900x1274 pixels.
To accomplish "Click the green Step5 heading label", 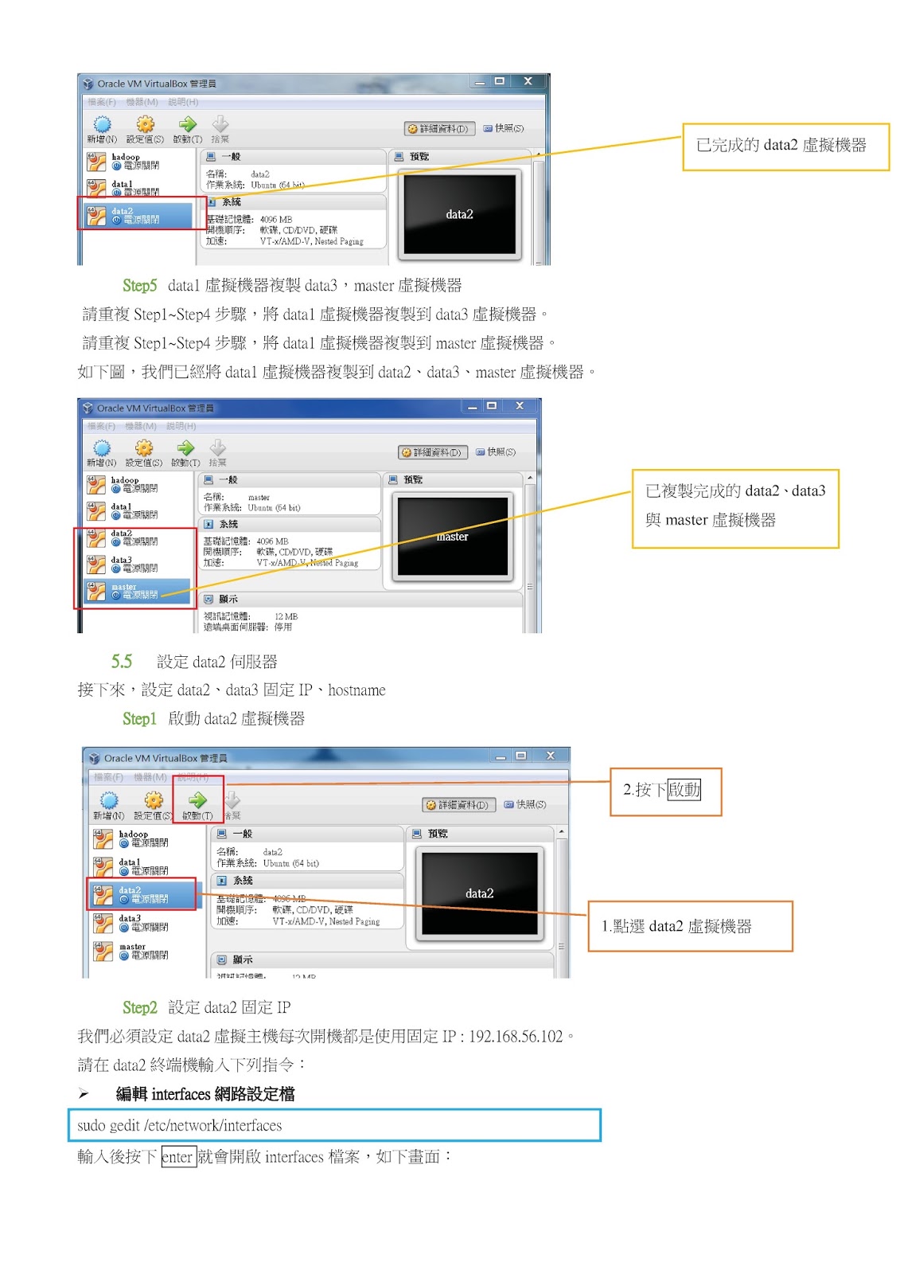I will (x=139, y=286).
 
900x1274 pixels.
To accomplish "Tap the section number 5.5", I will (x=121, y=662).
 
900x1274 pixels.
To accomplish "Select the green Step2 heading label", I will (x=139, y=1008).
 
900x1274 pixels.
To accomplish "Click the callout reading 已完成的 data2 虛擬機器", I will (x=785, y=146).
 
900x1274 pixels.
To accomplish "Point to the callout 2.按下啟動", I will (x=665, y=791).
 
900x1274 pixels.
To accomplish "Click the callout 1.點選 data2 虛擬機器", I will (x=689, y=926).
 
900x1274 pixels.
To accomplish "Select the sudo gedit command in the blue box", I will (x=180, y=1126).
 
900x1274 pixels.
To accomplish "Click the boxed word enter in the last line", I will (x=178, y=1157).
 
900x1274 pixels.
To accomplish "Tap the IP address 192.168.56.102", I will (x=516, y=1037).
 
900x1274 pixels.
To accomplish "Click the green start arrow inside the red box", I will (x=197, y=800).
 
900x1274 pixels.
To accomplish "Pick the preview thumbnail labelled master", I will (x=452, y=536).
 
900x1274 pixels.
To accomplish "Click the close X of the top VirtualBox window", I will (x=528, y=81).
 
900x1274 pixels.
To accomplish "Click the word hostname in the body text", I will (x=356, y=690).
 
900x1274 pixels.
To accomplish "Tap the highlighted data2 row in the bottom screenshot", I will (x=142, y=894).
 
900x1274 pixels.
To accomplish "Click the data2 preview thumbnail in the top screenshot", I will (x=459, y=214).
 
